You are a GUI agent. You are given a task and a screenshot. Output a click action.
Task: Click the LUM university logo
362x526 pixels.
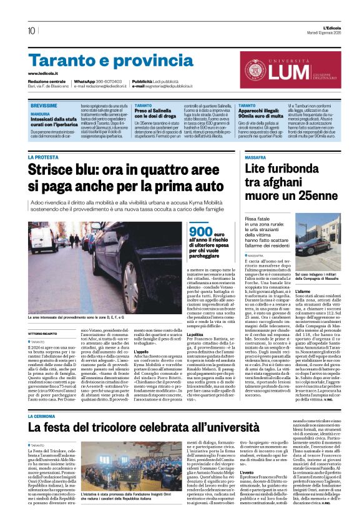click(287, 66)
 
